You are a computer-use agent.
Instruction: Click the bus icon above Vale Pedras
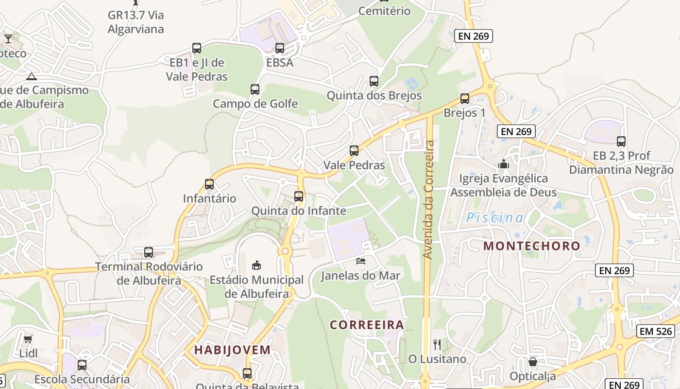(x=354, y=151)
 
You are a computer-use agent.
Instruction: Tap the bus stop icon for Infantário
(x=209, y=184)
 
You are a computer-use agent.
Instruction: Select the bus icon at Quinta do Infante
(x=299, y=196)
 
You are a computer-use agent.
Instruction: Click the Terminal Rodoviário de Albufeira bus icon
(x=149, y=252)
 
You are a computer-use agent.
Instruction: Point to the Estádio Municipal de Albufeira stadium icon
(x=256, y=265)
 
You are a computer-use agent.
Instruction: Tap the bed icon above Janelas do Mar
(x=361, y=261)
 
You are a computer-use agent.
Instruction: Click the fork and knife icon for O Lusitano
(x=437, y=345)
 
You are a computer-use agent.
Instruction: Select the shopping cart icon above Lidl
(x=28, y=339)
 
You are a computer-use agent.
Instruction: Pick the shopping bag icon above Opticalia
(x=533, y=362)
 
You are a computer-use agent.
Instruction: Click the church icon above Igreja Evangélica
(x=504, y=164)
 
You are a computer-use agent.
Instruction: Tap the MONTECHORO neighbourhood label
(x=532, y=246)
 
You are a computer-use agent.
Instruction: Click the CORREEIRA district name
(x=367, y=325)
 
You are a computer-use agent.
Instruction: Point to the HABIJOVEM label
(x=233, y=350)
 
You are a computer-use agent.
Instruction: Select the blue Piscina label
(x=495, y=218)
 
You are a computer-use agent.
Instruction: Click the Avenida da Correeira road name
(x=428, y=199)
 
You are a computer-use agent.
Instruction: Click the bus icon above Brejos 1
(x=465, y=99)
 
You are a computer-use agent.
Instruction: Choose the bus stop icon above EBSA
(x=280, y=48)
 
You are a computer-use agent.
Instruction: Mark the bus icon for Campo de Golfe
(x=255, y=89)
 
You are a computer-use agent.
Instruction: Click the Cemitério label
(x=384, y=11)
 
